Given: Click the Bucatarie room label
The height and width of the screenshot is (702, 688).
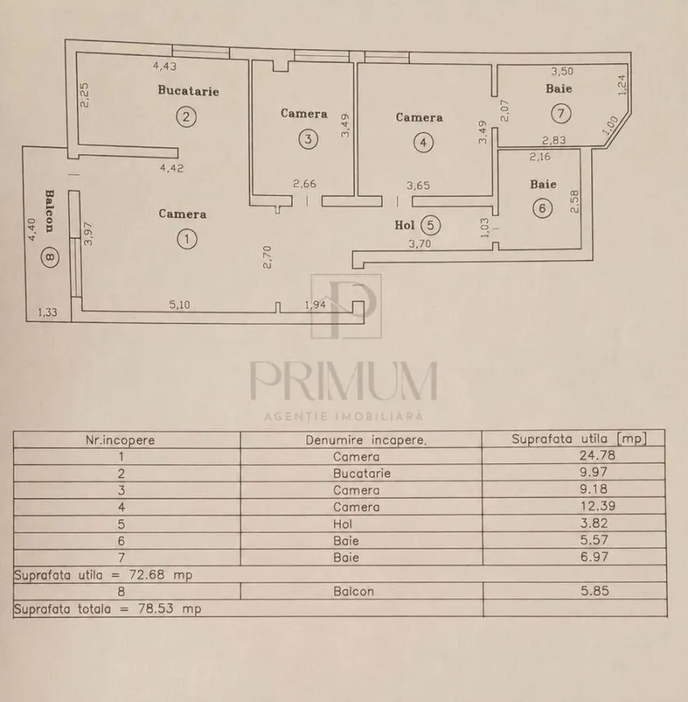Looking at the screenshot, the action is [x=189, y=90].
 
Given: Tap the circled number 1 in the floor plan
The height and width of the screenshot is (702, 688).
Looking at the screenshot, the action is [x=186, y=239].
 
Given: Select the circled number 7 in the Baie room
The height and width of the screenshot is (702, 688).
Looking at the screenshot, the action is [x=561, y=113].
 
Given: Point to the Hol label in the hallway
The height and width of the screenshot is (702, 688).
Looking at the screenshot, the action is [x=404, y=225].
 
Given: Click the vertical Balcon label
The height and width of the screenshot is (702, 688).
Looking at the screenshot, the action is [x=49, y=211].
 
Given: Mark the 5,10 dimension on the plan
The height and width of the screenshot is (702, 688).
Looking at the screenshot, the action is [x=179, y=304].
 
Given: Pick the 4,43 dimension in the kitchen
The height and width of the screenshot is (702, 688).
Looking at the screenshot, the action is [x=164, y=66].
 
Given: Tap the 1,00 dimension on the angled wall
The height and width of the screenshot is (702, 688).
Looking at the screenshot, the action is [x=610, y=125].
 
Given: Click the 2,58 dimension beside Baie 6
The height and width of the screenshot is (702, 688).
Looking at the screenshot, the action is [x=575, y=201].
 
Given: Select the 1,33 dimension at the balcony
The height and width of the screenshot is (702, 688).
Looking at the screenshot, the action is [x=48, y=312].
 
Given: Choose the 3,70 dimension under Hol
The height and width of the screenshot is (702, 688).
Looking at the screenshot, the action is [x=420, y=243].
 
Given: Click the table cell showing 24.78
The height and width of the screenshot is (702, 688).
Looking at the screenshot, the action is [x=597, y=456].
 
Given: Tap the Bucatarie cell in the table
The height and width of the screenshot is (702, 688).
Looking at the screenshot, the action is [x=362, y=473].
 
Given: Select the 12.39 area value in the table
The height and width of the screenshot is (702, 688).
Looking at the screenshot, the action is [x=597, y=506].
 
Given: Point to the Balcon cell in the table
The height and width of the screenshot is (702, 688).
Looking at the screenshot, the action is [x=354, y=591].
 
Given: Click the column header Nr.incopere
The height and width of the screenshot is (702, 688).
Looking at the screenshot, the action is [x=120, y=440].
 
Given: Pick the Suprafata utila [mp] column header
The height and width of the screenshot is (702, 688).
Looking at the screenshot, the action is [x=579, y=438].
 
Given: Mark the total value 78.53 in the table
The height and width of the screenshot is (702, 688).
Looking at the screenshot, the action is [x=156, y=609].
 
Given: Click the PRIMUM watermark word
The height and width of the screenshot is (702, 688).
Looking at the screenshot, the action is [x=344, y=381].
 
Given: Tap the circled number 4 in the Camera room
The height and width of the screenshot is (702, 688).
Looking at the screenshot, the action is [x=423, y=143].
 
